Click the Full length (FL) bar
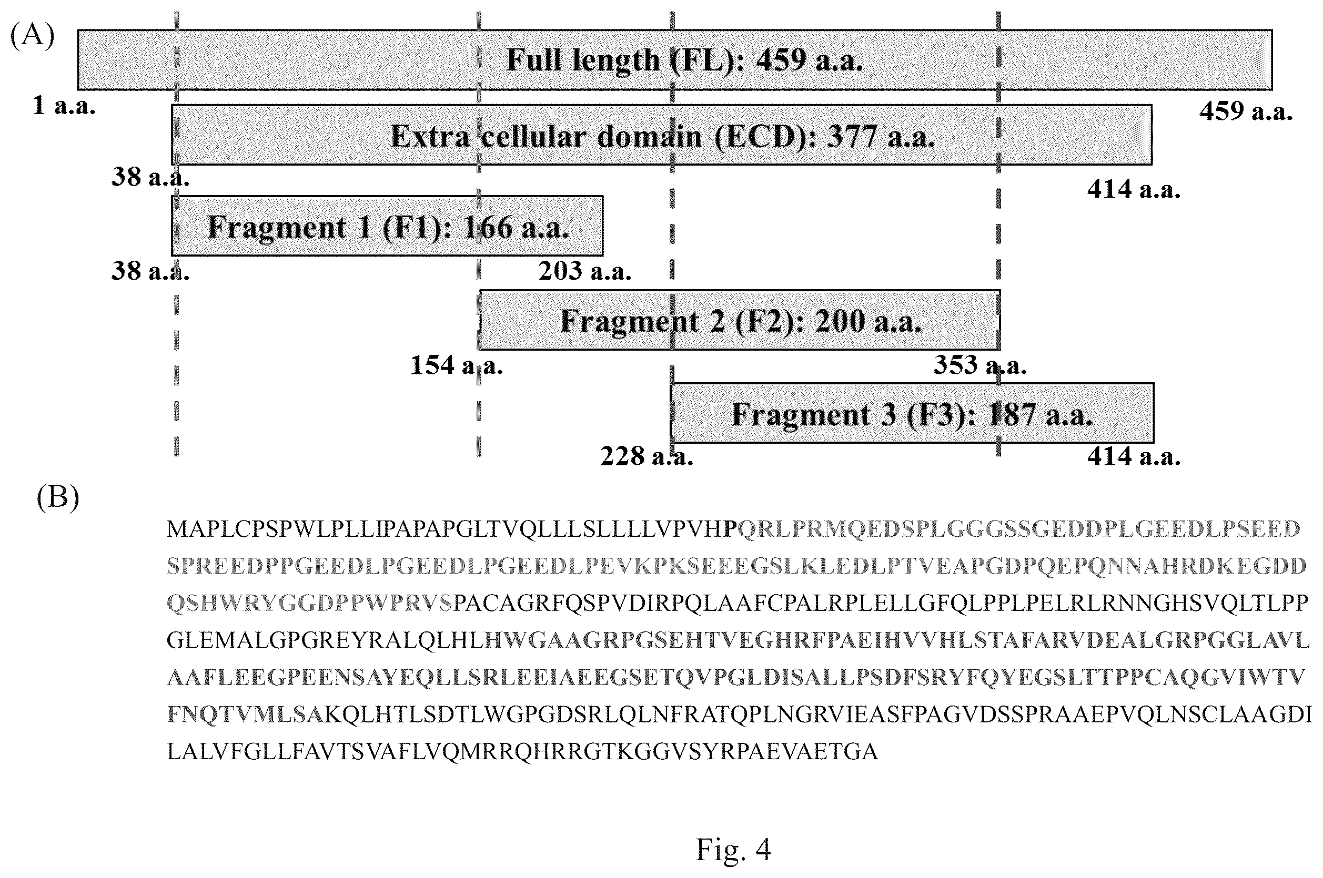coord(674,59)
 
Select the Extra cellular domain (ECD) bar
coord(662,135)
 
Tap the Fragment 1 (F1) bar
coord(387,226)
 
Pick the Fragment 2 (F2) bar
coord(740,320)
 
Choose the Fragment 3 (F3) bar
coord(913,413)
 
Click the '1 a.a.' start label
coord(64,105)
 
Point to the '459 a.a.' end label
coord(1246,111)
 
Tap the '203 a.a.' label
coord(585,271)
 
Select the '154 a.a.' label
coord(457,365)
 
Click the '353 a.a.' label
coord(979,365)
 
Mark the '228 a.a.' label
coord(647,456)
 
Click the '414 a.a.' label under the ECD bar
coord(1134,190)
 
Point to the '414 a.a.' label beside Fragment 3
coord(1134,456)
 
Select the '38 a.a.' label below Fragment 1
coord(150,271)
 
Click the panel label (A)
coord(33,35)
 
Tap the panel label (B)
coord(58,497)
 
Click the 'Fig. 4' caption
coord(733,850)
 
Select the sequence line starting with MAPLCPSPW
coord(733,528)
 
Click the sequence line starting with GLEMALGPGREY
coord(738,640)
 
